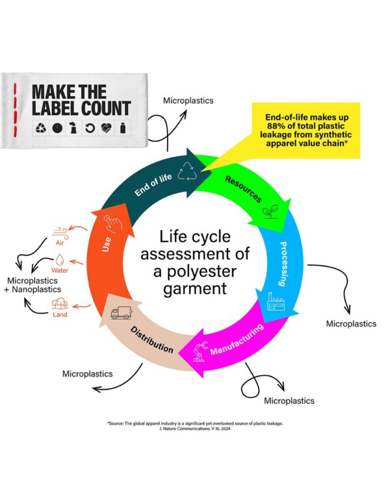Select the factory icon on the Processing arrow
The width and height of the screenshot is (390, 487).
(277, 301)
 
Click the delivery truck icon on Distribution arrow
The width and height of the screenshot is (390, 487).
(121, 313)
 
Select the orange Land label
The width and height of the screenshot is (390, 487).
(60, 314)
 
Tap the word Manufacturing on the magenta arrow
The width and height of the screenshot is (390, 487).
(237, 340)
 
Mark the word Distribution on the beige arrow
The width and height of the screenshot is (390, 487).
(151, 340)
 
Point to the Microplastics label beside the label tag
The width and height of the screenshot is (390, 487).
(188, 101)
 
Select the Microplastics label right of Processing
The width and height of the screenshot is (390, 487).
(351, 323)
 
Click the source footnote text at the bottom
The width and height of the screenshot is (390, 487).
(195, 426)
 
